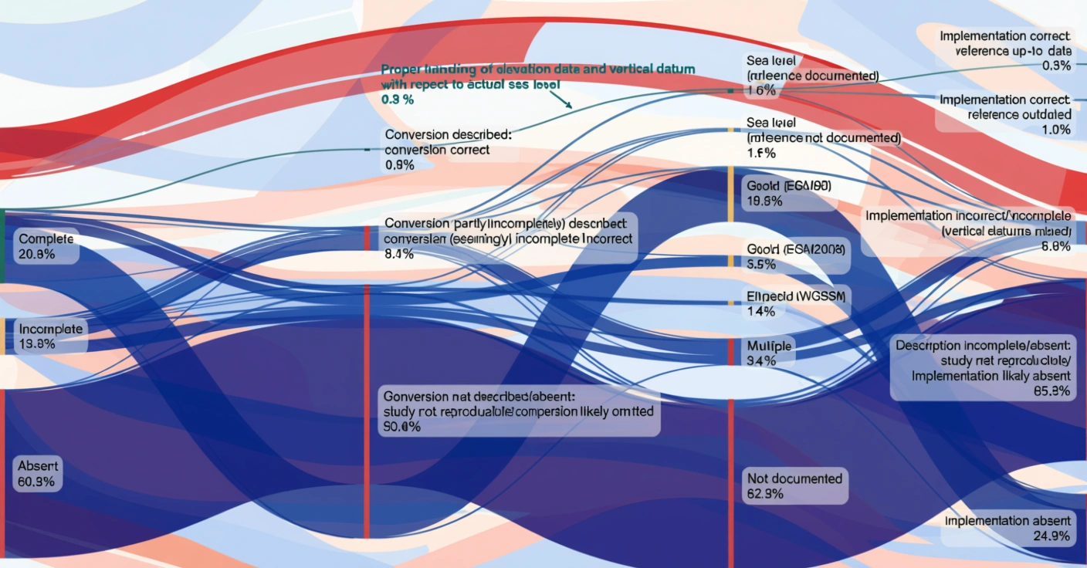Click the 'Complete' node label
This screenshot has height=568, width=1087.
click(47, 246)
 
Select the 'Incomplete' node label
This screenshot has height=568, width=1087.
click(50, 336)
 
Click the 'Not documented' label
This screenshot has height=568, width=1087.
click(794, 486)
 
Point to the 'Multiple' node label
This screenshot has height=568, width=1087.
click(769, 353)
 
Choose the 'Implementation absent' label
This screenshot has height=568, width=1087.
click(1007, 528)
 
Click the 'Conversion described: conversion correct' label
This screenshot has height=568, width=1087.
click(448, 149)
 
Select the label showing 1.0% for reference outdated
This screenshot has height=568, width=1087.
click(1004, 114)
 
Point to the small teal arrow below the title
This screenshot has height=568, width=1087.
click(569, 103)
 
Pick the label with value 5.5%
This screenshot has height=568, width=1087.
click(795, 256)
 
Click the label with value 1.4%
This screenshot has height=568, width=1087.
click(796, 304)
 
